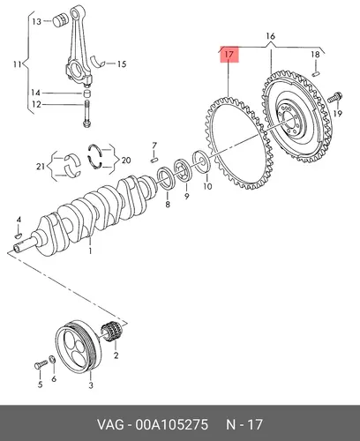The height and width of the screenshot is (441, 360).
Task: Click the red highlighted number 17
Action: point(229,55)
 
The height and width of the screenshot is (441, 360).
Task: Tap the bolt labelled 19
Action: point(335,97)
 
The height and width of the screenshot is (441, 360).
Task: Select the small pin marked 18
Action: point(316,73)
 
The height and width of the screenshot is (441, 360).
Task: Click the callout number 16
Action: point(270,36)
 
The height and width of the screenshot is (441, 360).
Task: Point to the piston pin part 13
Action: point(61,20)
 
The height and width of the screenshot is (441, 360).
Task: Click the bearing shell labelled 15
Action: point(98,61)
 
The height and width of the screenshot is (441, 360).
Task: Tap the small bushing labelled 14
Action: point(86,93)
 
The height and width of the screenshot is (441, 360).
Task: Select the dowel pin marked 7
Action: point(154,160)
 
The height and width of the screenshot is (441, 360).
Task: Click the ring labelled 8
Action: point(167,177)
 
